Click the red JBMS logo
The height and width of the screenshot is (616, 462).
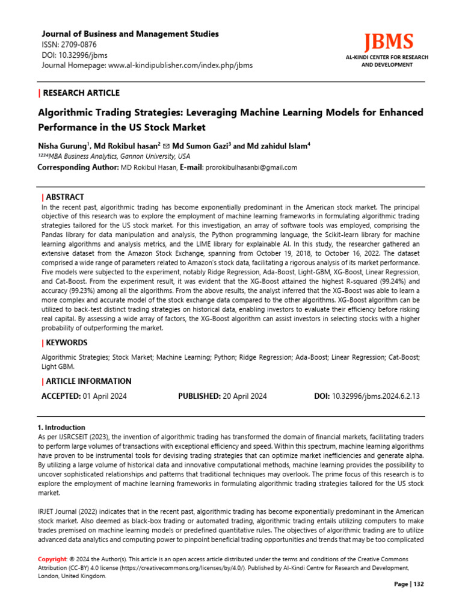click(389, 42)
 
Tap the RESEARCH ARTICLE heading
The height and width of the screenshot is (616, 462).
click(81, 93)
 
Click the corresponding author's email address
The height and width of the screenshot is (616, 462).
click(251, 167)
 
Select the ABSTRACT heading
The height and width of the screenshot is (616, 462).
click(65, 197)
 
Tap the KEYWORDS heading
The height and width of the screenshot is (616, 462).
click(67, 343)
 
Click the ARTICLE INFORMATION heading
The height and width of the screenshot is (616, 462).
click(88, 381)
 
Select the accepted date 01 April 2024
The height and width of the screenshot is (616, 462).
click(105, 396)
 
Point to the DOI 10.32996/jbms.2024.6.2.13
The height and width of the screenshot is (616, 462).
click(376, 396)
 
